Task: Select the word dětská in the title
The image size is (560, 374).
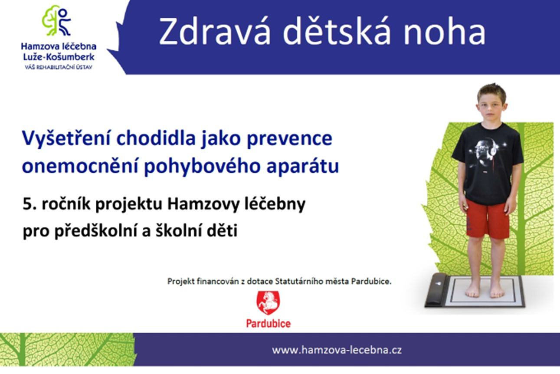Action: (337, 31)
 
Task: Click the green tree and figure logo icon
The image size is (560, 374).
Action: (56, 20)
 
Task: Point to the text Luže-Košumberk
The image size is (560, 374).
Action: (59, 57)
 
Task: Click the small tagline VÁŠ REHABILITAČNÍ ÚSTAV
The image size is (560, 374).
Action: (59, 67)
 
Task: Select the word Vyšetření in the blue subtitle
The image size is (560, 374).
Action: (66, 138)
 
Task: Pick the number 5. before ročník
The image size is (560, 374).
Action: (29, 204)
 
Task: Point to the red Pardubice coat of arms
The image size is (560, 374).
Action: (268, 303)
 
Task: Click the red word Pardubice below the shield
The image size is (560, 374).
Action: (268, 324)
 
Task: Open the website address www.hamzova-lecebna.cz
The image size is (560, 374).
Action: (337, 350)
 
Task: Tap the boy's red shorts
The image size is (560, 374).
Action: (487, 220)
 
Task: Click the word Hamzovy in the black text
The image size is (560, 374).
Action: (203, 204)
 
